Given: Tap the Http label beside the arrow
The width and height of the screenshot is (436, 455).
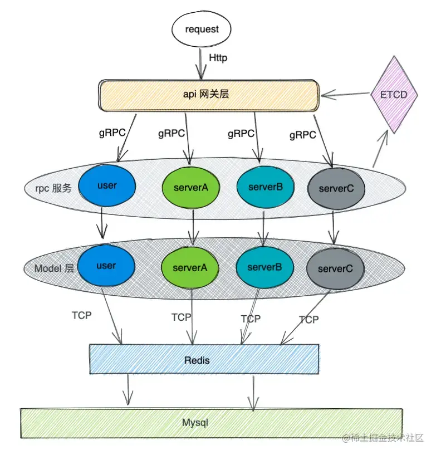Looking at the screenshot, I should click(218, 57).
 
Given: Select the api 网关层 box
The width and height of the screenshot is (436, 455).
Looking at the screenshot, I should click(208, 95).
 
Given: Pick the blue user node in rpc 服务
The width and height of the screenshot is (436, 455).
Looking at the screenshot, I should click(107, 185).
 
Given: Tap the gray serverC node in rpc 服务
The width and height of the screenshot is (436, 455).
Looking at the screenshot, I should click(336, 189).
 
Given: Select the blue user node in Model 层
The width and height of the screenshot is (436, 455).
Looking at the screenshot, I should click(106, 266).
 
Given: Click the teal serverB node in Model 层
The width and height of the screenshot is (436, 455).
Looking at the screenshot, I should click(264, 268).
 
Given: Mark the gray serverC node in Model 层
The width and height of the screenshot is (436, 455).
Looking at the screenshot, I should click(335, 269).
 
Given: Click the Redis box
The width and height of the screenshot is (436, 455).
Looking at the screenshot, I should click(204, 360).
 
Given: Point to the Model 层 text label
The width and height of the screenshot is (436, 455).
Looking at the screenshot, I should click(53, 268).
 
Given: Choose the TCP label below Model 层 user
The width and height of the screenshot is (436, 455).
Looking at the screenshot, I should click(82, 315).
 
